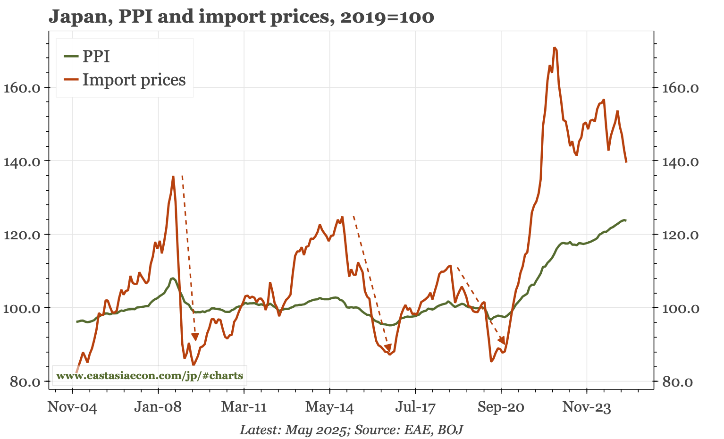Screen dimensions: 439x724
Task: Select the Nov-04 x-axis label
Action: [72, 407]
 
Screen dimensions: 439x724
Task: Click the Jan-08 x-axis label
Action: [158, 407]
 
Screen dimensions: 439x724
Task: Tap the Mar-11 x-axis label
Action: [244, 407]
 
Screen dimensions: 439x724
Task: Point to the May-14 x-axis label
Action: [329, 407]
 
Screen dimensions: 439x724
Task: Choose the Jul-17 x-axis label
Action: [415, 407]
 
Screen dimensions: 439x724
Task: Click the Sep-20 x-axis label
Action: [501, 407]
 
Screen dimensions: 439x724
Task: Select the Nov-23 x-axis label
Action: [587, 407]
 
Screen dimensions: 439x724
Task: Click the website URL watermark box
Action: [149, 376]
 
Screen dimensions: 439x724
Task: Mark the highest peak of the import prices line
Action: [555, 48]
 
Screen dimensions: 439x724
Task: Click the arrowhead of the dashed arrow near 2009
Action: [195, 337]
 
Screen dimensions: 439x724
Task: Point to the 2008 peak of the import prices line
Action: [173, 177]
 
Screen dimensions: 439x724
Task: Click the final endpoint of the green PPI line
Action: [625, 220]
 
